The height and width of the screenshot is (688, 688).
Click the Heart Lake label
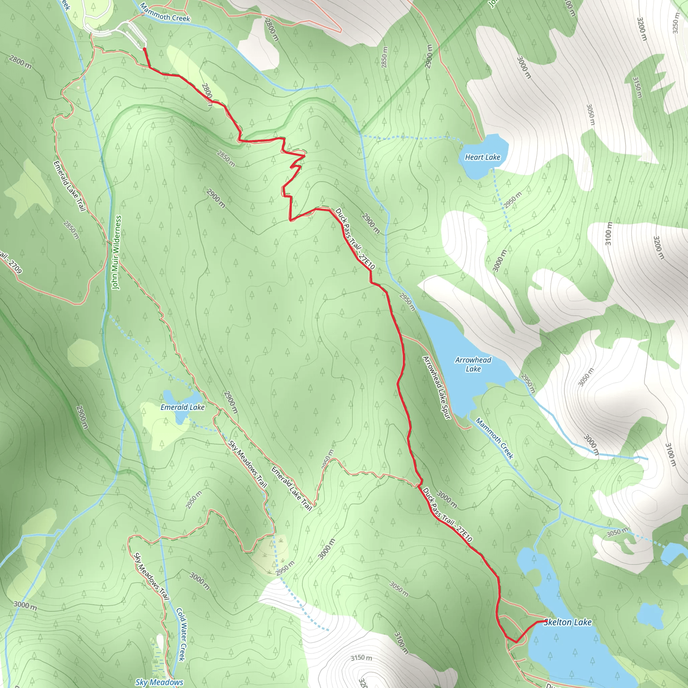(x=482, y=157)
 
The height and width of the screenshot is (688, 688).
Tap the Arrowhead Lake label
(x=473, y=364)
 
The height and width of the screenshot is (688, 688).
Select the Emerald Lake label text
(x=182, y=407)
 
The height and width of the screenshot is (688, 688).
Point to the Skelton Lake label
(x=567, y=622)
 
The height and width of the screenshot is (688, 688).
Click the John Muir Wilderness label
(x=117, y=252)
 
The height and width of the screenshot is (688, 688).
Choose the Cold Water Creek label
(x=181, y=634)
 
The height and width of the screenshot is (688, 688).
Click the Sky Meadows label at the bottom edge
(x=159, y=682)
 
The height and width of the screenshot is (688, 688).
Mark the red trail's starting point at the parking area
(x=144, y=48)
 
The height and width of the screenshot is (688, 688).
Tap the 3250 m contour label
(x=676, y=23)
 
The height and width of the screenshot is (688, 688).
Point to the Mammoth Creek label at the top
(x=165, y=12)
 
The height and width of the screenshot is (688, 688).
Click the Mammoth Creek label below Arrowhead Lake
(x=494, y=439)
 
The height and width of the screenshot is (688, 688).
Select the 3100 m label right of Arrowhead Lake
(x=609, y=233)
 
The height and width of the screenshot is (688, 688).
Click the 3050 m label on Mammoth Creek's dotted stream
(x=618, y=532)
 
